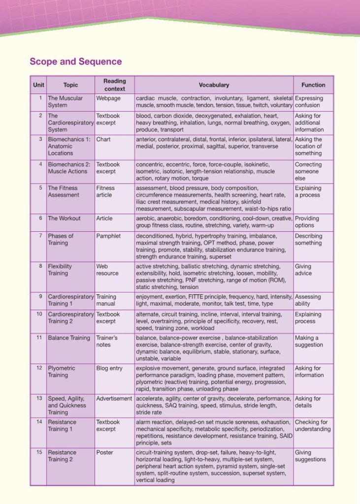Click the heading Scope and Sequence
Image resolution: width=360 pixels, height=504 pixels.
(75, 62)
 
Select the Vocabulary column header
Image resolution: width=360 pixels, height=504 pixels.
(214, 85)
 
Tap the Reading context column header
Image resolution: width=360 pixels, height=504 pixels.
(114, 85)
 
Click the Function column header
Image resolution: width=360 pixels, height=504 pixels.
(313, 85)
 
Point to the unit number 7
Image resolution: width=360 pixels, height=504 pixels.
(40, 236)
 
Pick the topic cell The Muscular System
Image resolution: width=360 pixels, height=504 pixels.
(65, 101)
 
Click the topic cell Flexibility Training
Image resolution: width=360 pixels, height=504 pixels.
(60, 270)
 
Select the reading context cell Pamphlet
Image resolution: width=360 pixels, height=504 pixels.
(108, 236)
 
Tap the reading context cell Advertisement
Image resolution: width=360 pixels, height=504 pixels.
(114, 399)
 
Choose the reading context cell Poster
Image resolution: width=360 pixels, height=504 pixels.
(104, 452)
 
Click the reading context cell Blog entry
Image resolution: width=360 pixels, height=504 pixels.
(109, 368)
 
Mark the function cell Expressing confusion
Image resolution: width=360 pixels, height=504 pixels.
(309, 101)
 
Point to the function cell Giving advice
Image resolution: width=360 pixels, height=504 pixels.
(303, 270)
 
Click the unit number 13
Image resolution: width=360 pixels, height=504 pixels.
(39, 399)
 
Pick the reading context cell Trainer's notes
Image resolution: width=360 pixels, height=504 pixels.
(107, 341)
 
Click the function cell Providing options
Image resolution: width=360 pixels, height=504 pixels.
(307, 221)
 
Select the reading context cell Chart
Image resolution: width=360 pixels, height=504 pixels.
(103, 139)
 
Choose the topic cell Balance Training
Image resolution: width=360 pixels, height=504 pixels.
(68, 338)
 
